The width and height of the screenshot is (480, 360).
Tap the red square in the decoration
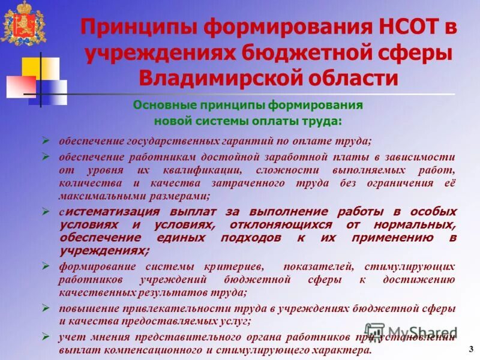coord(20,86)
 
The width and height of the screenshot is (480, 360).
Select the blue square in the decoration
coord(54,92)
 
